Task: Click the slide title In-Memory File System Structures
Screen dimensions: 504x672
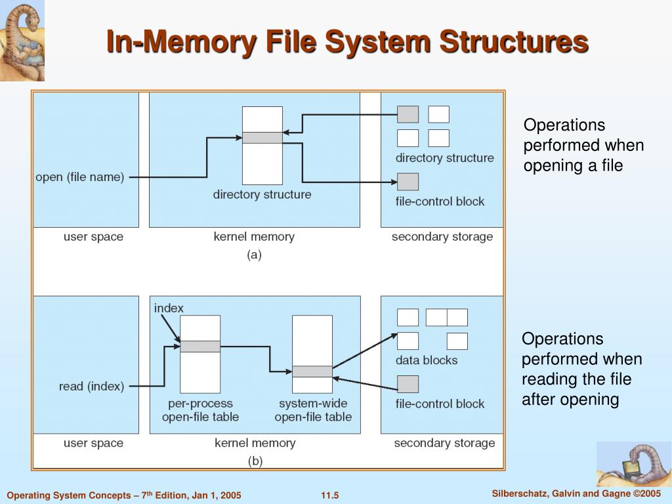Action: coord(347,42)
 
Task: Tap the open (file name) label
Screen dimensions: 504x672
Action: coord(79,177)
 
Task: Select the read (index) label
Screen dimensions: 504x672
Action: coord(91,387)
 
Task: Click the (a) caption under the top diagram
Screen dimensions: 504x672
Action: coord(254,255)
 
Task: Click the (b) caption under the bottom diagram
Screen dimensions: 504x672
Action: coord(255,461)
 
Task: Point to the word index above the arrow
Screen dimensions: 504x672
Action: coord(169,308)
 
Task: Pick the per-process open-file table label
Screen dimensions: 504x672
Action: coord(200,410)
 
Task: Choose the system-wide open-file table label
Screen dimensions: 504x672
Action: coord(313,410)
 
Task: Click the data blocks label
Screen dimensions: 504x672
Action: coord(427,360)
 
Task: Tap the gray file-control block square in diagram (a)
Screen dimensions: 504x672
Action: coord(408,182)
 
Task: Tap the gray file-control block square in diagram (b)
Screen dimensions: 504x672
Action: coord(408,384)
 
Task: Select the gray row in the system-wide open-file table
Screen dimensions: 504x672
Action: coord(312,371)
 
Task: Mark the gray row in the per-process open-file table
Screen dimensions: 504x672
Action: coord(200,346)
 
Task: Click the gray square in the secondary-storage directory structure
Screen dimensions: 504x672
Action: coord(408,114)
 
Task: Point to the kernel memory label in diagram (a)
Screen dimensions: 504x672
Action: coord(254,236)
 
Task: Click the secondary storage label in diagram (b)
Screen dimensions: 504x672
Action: coord(444,443)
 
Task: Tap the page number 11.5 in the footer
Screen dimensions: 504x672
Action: coord(329,495)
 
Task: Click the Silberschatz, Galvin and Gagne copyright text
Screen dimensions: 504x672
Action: coord(576,493)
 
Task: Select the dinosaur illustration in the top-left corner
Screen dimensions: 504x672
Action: coord(22,41)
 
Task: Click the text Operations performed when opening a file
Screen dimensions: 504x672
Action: coord(583,145)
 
